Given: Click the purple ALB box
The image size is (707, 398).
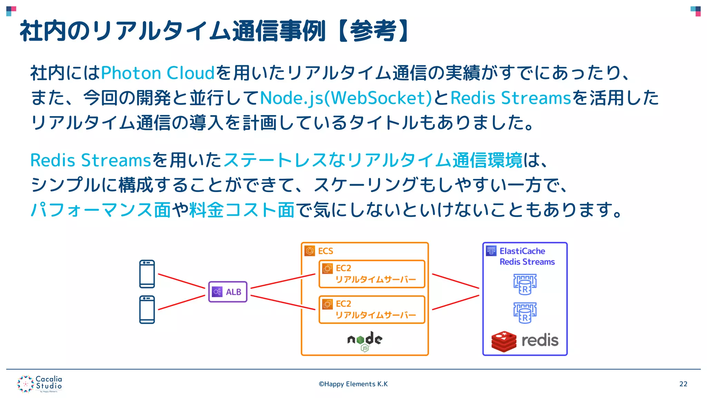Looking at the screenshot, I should point(228,292).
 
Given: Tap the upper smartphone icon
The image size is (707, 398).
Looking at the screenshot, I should point(147,274).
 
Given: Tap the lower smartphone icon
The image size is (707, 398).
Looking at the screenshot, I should point(147,310).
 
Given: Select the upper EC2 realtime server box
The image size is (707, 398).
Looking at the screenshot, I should point(372,274).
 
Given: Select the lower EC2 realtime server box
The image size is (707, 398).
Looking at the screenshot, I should point(372,310).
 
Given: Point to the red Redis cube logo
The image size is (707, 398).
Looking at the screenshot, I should point(504,341).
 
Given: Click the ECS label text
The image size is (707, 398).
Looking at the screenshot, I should point(325,251).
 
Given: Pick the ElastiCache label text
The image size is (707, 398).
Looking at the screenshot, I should point(522,251).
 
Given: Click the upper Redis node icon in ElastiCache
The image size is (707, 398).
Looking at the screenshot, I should point(525,284).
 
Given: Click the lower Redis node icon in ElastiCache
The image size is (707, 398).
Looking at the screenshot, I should point(525,313).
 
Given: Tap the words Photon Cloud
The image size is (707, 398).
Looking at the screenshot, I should point(158,73).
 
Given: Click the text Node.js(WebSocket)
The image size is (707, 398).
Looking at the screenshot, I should point(346,98).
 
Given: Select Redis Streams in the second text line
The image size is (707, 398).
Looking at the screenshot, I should point(511,98).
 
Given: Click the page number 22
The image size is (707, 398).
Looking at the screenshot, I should point(683,384).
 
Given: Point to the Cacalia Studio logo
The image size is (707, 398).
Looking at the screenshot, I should point(40,383).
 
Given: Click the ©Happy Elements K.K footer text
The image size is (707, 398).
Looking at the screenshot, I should point(353,384).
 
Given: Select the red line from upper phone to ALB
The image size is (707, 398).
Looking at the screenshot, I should point(181,281).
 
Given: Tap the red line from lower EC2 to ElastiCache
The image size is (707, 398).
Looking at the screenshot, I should point(456,302).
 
